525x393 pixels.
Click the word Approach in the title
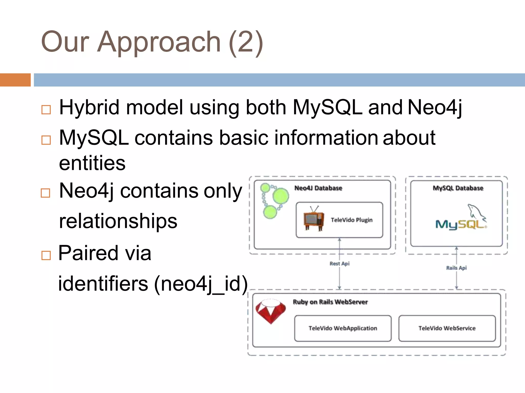159,42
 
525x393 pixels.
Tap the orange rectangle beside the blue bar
15,80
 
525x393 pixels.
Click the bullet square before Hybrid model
46,110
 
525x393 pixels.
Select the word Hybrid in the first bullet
89,107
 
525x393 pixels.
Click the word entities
92,163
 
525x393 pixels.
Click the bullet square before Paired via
46,255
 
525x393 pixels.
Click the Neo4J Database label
318,188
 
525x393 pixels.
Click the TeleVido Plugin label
351,220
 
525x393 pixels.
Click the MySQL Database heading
458,188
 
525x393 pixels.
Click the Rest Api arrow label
339,264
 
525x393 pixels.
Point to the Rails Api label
456,268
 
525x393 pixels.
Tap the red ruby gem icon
271,311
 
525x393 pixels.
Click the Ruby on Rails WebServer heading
330,302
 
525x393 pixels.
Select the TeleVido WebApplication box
343,328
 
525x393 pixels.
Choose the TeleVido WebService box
447,328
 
